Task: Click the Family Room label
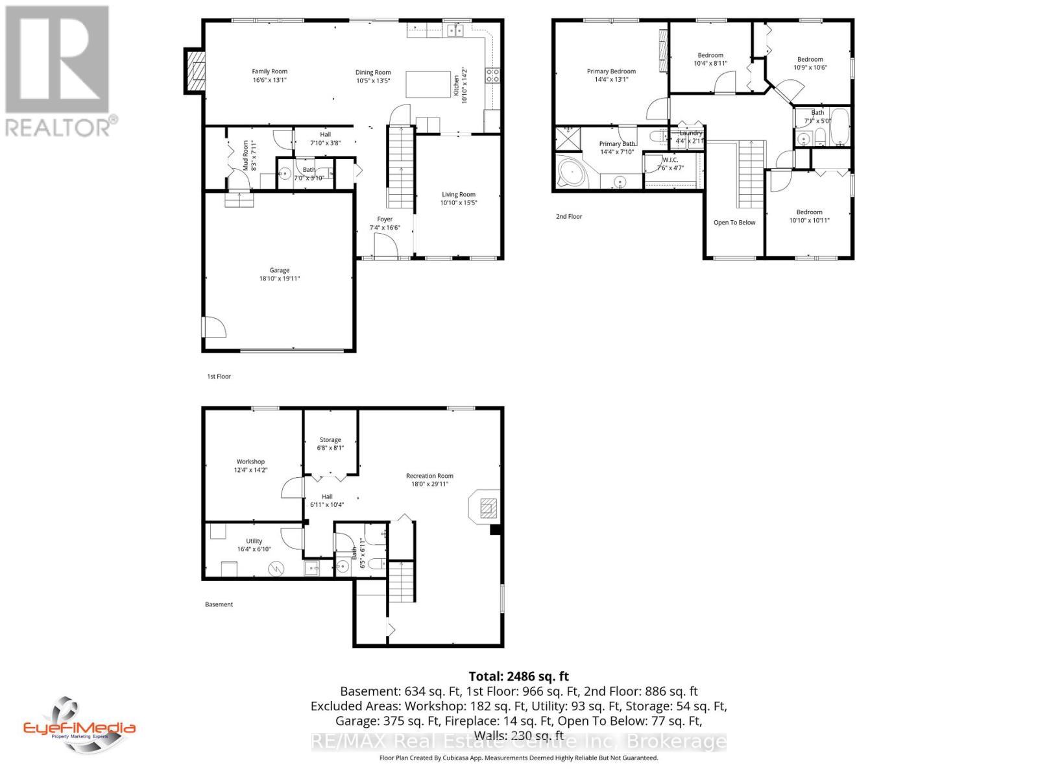tap(269, 71)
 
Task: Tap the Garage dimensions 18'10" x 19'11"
tap(279, 278)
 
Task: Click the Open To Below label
tap(734, 223)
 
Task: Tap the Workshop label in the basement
tap(250, 462)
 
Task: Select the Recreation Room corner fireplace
tap(486, 506)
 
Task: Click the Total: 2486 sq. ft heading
tap(518, 676)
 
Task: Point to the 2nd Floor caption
tap(569, 216)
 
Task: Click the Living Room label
tap(459, 194)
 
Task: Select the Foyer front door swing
tap(387, 246)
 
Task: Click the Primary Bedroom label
tap(611, 71)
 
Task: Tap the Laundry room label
tap(690, 133)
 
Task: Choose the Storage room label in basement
tap(330, 439)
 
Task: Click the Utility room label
tap(254, 541)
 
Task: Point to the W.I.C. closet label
tap(670, 160)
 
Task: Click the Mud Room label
tap(245, 156)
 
